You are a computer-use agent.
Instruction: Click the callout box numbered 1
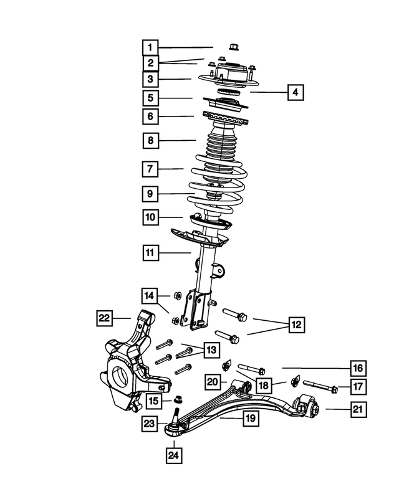150,47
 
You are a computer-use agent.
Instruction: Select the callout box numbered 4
296,92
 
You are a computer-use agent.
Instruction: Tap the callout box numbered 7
150,168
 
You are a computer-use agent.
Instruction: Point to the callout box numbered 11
150,253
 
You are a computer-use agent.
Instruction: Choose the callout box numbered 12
297,325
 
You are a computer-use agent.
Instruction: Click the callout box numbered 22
104,318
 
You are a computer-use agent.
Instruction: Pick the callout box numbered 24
174,456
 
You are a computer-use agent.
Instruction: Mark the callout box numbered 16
358,369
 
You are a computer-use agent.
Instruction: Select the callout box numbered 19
250,419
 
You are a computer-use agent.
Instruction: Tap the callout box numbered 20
213,381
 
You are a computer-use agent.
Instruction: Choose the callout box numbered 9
150,194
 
